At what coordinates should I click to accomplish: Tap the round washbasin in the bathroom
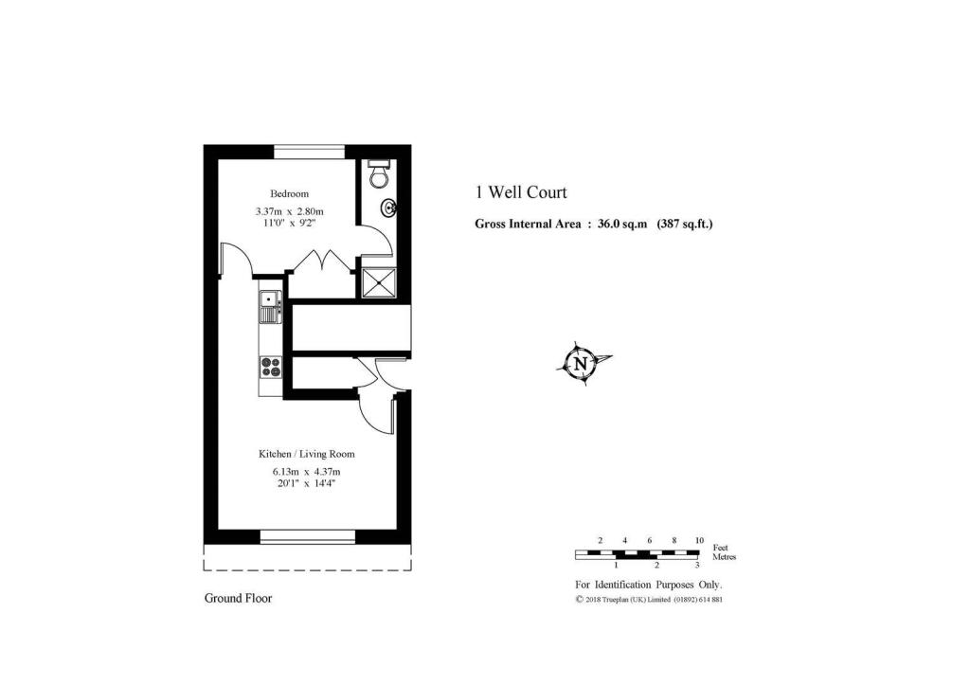pos(388,208)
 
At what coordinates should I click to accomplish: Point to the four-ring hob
pos(271,367)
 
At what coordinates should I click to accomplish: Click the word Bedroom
pos(290,194)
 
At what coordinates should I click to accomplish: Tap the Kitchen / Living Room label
pos(308,454)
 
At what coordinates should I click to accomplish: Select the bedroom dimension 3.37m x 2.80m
pos(290,211)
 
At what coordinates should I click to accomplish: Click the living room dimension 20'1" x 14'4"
pos(307,483)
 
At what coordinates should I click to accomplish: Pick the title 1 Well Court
pos(521,192)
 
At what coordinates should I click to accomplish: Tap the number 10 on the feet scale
pos(699,540)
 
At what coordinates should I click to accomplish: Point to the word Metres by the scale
pos(724,557)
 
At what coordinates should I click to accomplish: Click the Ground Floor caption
pos(239,598)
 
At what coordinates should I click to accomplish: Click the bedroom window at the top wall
pos(309,150)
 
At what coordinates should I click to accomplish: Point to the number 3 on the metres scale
pos(697,565)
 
